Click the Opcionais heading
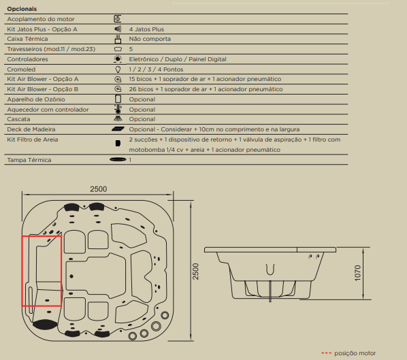click(22, 9)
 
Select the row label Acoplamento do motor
click(41, 19)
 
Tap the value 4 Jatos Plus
click(146, 29)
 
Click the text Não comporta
click(150, 39)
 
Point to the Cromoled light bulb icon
click(118, 69)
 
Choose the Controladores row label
click(27, 59)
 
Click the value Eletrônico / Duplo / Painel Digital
click(178, 59)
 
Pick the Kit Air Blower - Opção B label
click(43, 89)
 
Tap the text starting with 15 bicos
click(205, 79)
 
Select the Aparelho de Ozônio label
click(36, 99)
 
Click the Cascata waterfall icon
click(118, 118)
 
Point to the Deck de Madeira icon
click(118, 129)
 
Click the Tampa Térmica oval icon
click(118, 159)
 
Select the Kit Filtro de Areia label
click(33, 140)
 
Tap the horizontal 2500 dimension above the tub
click(99, 189)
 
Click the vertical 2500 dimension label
click(195, 272)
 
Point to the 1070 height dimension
click(357, 273)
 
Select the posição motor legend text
click(355, 353)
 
